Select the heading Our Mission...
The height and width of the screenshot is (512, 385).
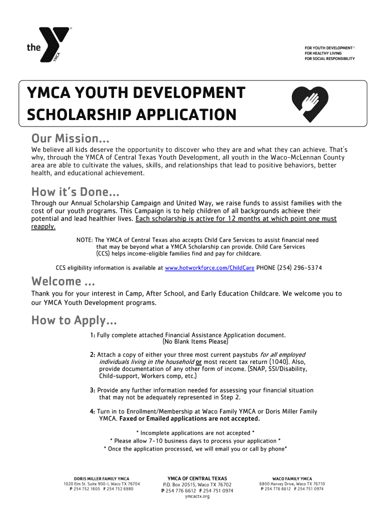tap(70, 137)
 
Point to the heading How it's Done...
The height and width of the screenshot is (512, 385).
tap(75, 191)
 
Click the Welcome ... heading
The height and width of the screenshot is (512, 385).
tap(63, 281)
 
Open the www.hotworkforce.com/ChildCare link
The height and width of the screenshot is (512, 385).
tap(209, 268)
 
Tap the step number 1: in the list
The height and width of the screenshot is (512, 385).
tap(92, 335)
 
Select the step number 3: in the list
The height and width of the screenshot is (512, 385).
tap(92, 390)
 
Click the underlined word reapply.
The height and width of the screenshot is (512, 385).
tap(43, 226)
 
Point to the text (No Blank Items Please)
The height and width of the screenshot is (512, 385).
tap(195, 342)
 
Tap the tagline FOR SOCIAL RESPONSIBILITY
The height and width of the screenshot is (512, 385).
tap(329, 58)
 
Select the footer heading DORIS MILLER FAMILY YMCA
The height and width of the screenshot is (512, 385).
tap(101, 478)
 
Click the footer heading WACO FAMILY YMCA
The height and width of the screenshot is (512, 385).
tap(292, 478)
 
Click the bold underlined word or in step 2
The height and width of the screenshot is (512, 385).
tap(198, 362)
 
